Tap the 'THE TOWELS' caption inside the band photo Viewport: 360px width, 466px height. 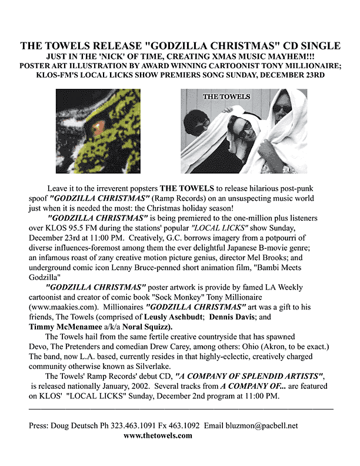click(x=226, y=96)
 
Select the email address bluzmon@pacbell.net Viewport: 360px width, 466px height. click(x=263, y=425)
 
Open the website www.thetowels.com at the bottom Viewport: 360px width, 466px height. click(x=159, y=435)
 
